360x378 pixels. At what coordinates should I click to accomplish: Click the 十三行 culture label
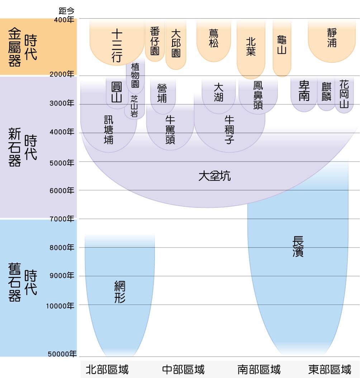click(x=117, y=46)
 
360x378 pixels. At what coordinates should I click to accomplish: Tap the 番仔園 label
click(x=155, y=41)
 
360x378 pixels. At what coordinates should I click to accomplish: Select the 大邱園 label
click(x=176, y=43)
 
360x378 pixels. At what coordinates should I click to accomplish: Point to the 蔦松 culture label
click(x=214, y=39)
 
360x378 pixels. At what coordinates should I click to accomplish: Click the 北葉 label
click(x=251, y=47)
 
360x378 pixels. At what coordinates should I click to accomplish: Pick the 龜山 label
click(x=282, y=45)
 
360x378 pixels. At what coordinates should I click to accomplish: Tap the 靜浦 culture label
click(x=332, y=38)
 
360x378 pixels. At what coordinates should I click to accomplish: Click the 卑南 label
click(x=304, y=91)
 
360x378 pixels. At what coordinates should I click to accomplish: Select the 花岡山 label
click(x=344, y=94)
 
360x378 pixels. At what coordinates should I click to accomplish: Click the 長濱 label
click(x=298, y=246)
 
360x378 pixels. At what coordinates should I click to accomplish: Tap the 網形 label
click(x=120, y=292)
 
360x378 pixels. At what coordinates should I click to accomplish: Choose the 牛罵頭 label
click(x=170, y=130)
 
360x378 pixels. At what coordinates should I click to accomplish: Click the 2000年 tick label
click(x=62, y=75)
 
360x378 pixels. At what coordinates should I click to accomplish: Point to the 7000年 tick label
click(x=62, y=219)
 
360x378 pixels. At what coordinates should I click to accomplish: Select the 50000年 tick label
click(x=62, y=354)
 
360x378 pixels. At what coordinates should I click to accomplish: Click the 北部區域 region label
click(x=107, y=369)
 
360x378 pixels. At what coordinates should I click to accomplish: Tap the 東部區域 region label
click(x=330, y=369)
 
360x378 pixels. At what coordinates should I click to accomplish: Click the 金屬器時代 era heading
click(x=22, y=47)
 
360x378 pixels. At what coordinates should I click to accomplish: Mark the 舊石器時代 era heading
click(x=22, y=282)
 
